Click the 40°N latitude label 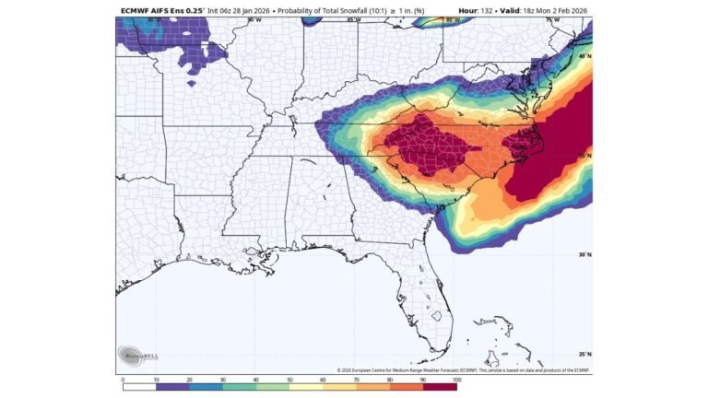pyautogui.click(x=584, y=57)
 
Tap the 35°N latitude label pyautogui.click(x=584, y=156)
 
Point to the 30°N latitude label pyautogui.click(x=584, y=255)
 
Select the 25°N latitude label pyautogui.click(x=584, y=354)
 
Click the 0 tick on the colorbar pyautogui.click(x=123, y=379)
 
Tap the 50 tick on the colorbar pyautogui.click(x=289, y=379)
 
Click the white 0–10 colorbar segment pyautogui.click(x=139, y=386)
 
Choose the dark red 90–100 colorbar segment pyautogui.click(x=440, y=386)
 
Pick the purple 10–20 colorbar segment pyautogui.click(x=172, y=386)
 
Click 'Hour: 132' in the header pyautogui.click(x=478, y=12)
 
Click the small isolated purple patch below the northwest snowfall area pyautogui.click(x=191, y=83)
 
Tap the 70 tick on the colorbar pyautogui.click(x=356, y=379)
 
